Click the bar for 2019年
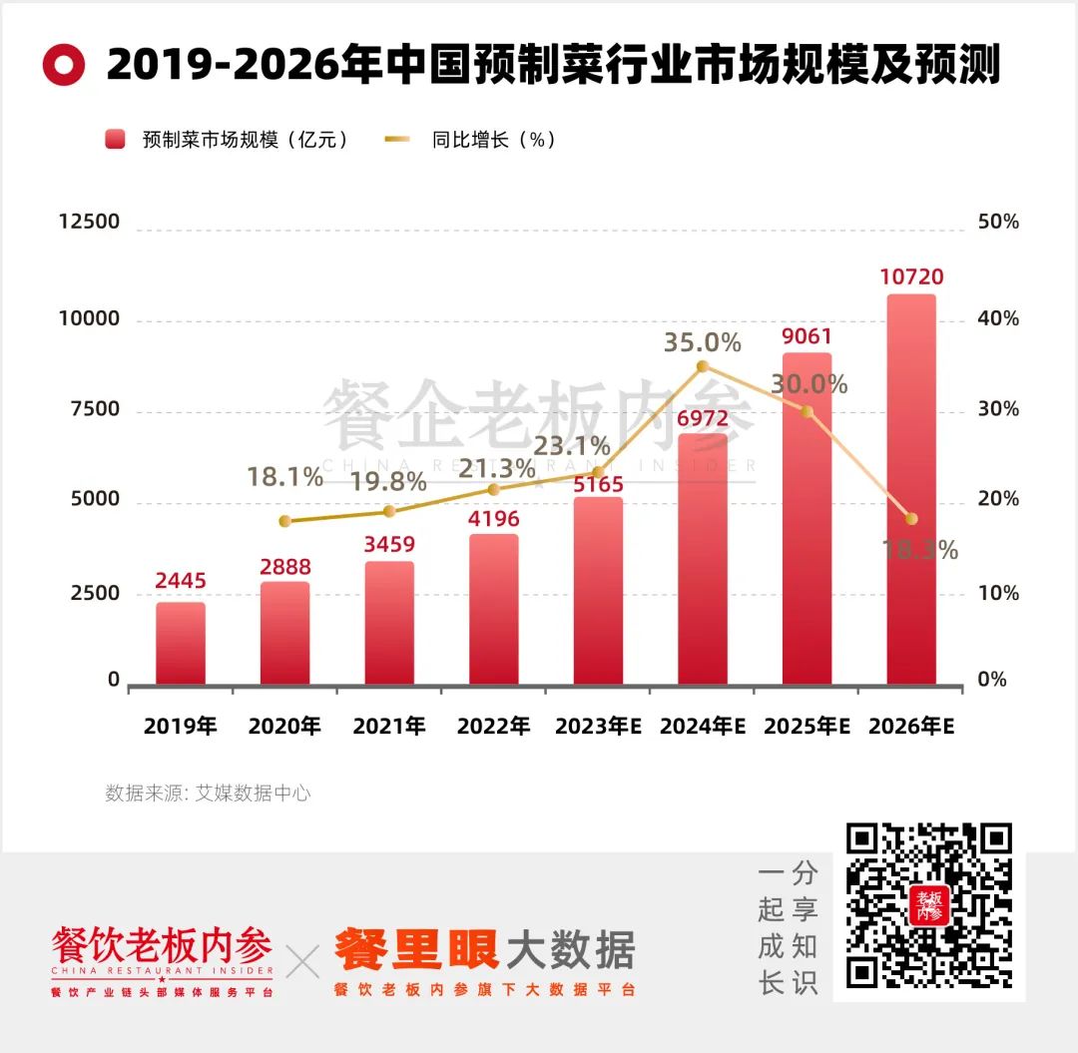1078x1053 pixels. click(x=181, y=643)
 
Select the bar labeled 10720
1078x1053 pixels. click(x=911, y=489)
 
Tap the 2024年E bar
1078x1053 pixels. click(x=703, y=559)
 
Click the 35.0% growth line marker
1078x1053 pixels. click(x=703, y=366)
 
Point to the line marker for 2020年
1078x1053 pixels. click(x=284, y=521)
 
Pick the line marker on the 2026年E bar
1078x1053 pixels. click(x=911, y=518)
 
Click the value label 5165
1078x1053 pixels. click(x=598, y=484)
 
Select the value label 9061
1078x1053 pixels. click(x=807, y=337)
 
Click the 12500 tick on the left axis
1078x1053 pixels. click(x=90, y=222)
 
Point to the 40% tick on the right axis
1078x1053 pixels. click(x=998, y=319)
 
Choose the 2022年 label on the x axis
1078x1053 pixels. click(x=493, y=727)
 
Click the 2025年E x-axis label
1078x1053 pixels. click(x=807, y=727)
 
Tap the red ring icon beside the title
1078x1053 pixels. click(x=64, y=66)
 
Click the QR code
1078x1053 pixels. click(x=928, y=908)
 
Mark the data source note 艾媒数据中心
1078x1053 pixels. click(x=208, y=793)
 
